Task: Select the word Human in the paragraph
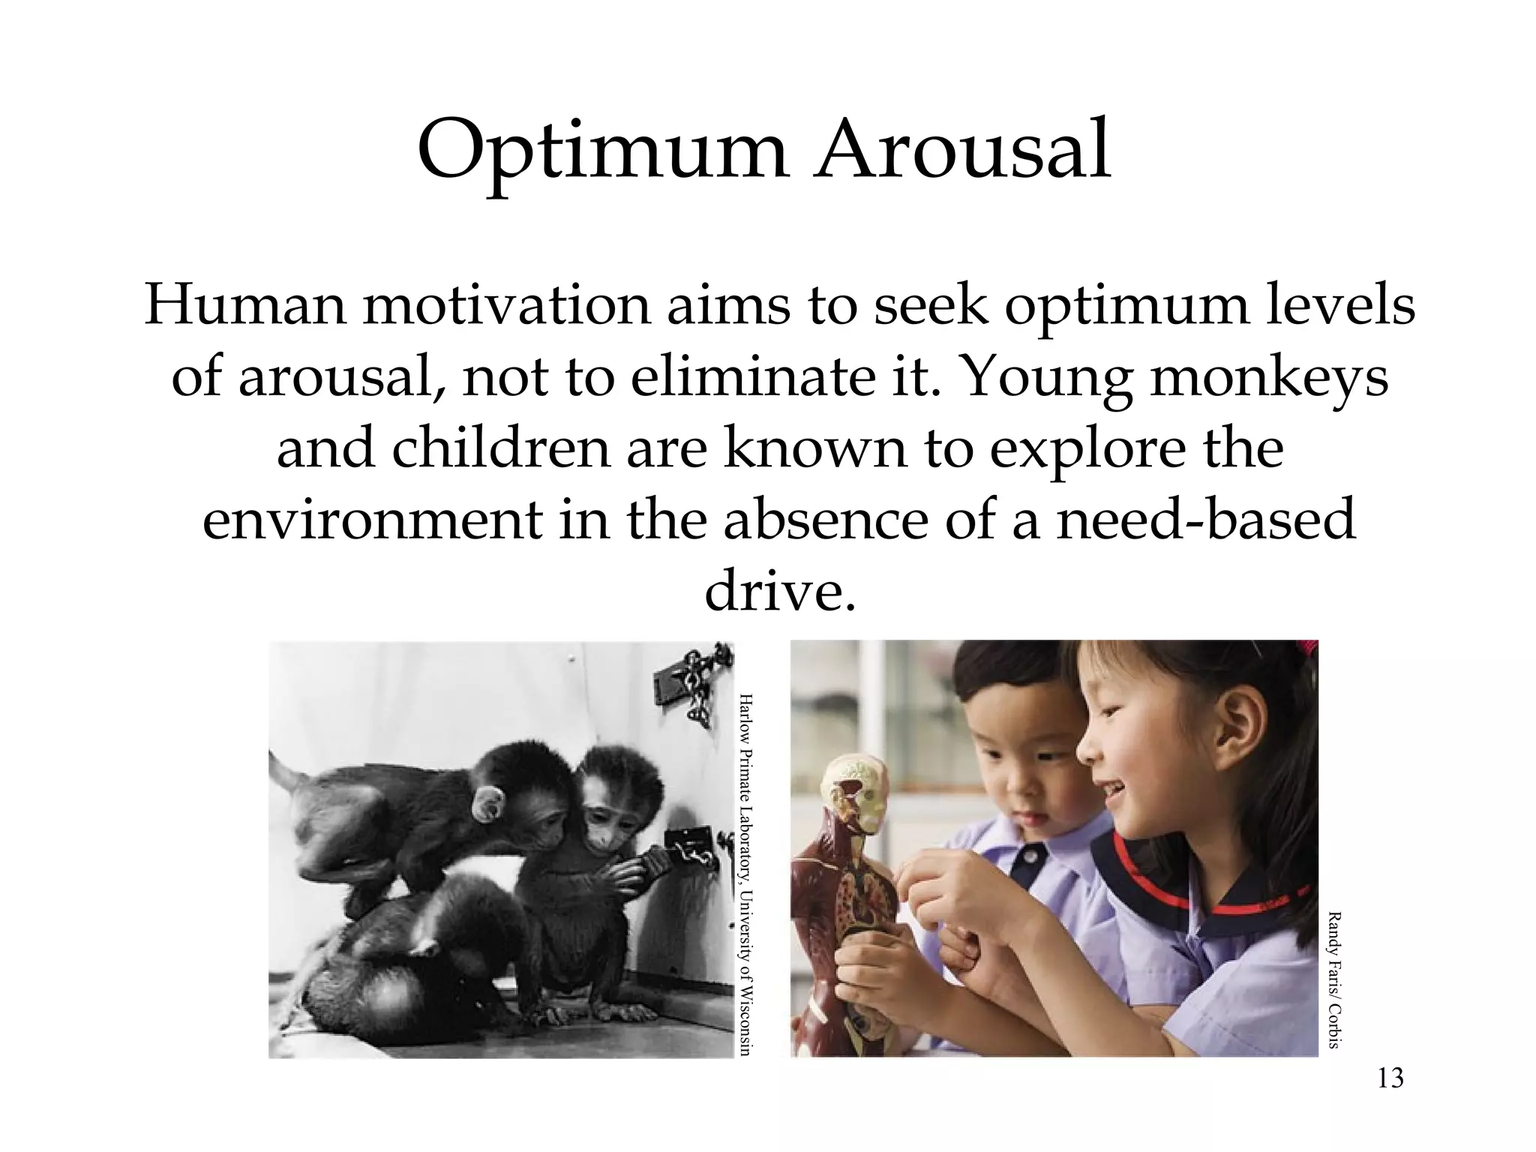[x=244, y=305]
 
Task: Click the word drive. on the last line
[x=779, y=592]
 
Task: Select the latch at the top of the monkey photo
[x=694, y=686]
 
